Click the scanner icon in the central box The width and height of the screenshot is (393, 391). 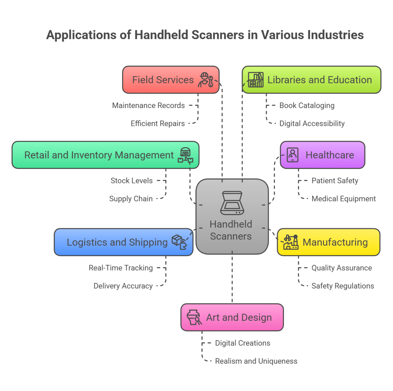(x=231, y=203)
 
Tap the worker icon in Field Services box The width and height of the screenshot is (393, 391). (x=205, y=80)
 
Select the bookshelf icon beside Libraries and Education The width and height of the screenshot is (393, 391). (x=255, y=80)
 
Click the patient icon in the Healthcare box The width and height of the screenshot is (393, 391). (x=293, y=155)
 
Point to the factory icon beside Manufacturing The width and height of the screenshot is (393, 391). (x=291, y=242)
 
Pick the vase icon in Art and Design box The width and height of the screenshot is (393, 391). (x=194, y=317)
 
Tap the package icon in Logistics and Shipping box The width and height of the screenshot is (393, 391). (x=179, y=242)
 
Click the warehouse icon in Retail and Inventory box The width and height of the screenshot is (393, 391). (x=185, y=155)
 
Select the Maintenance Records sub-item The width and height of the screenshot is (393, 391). (x=149, y=105)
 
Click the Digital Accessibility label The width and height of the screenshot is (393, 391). (x=312, y=123)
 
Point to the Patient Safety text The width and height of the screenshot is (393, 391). (x=335, y=180)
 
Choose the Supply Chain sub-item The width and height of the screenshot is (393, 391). (x=131, y=198)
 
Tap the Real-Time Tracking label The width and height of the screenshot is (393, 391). (x=121, y=268)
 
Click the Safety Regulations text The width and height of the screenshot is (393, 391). (x=343, y=286)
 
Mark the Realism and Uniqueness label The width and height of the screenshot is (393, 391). (x=256, y=361)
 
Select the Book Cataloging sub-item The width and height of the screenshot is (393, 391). (x=307, y=105)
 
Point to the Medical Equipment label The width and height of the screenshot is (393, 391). (x=343, y=198)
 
